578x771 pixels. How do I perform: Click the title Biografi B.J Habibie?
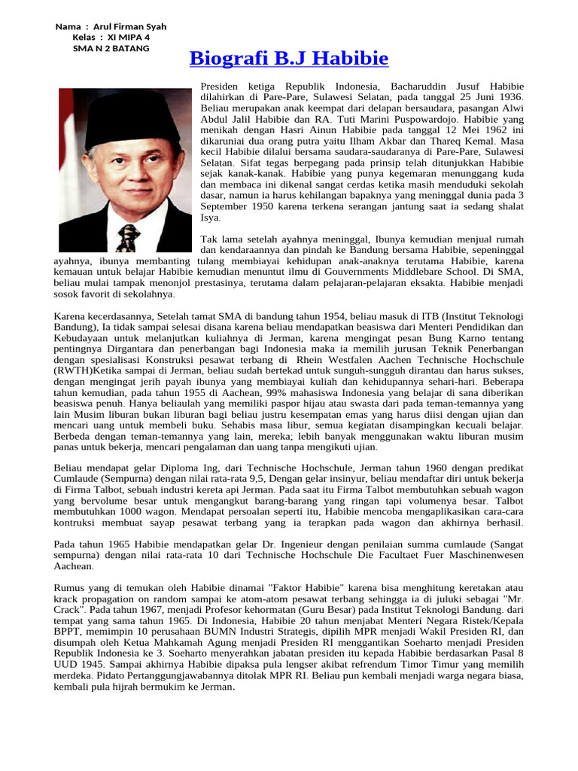289,59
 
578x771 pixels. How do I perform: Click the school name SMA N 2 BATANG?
111,48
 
